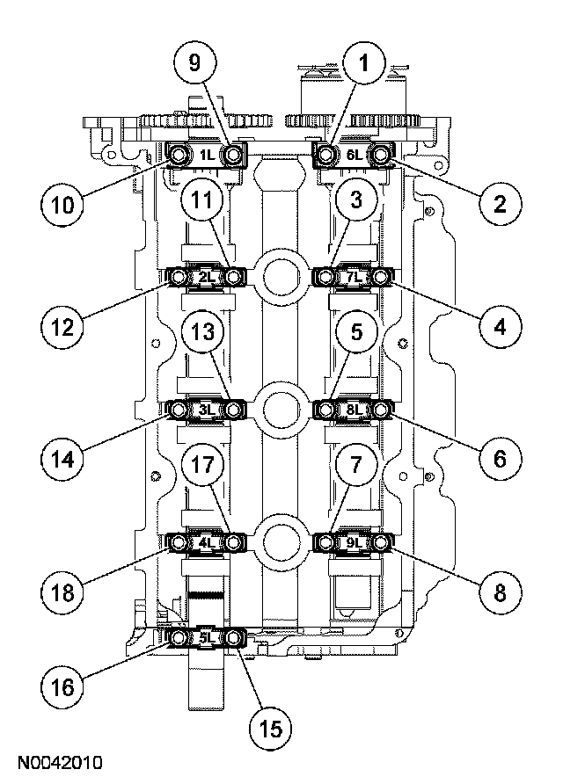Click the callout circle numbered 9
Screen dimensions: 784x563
(194, 63)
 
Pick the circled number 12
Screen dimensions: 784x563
(61, 327)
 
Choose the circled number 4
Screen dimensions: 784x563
(499, 327)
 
